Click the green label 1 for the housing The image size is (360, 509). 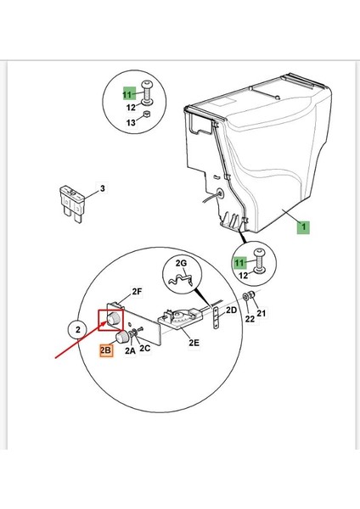303,227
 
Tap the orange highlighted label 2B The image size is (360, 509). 106,350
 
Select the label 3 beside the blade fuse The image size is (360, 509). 103,188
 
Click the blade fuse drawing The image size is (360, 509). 71,204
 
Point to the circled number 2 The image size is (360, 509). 78,330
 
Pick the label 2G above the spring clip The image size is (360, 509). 182,263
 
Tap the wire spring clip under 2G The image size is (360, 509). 181,279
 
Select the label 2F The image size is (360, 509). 137,292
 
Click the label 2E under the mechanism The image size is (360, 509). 194,343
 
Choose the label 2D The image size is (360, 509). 231,310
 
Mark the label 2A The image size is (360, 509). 130,350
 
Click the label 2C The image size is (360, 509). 145,349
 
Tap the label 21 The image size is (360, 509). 262,313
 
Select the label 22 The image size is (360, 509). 250,319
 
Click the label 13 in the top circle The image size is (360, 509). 131,123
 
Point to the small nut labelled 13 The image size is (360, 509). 147,115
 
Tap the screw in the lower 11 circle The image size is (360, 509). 260,260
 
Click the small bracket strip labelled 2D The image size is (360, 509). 216,318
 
